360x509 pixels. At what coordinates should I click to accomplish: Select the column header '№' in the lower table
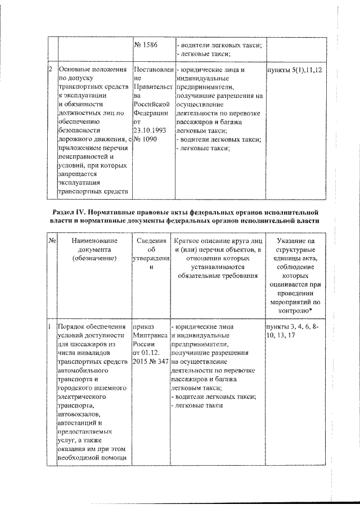coord(51,240)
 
